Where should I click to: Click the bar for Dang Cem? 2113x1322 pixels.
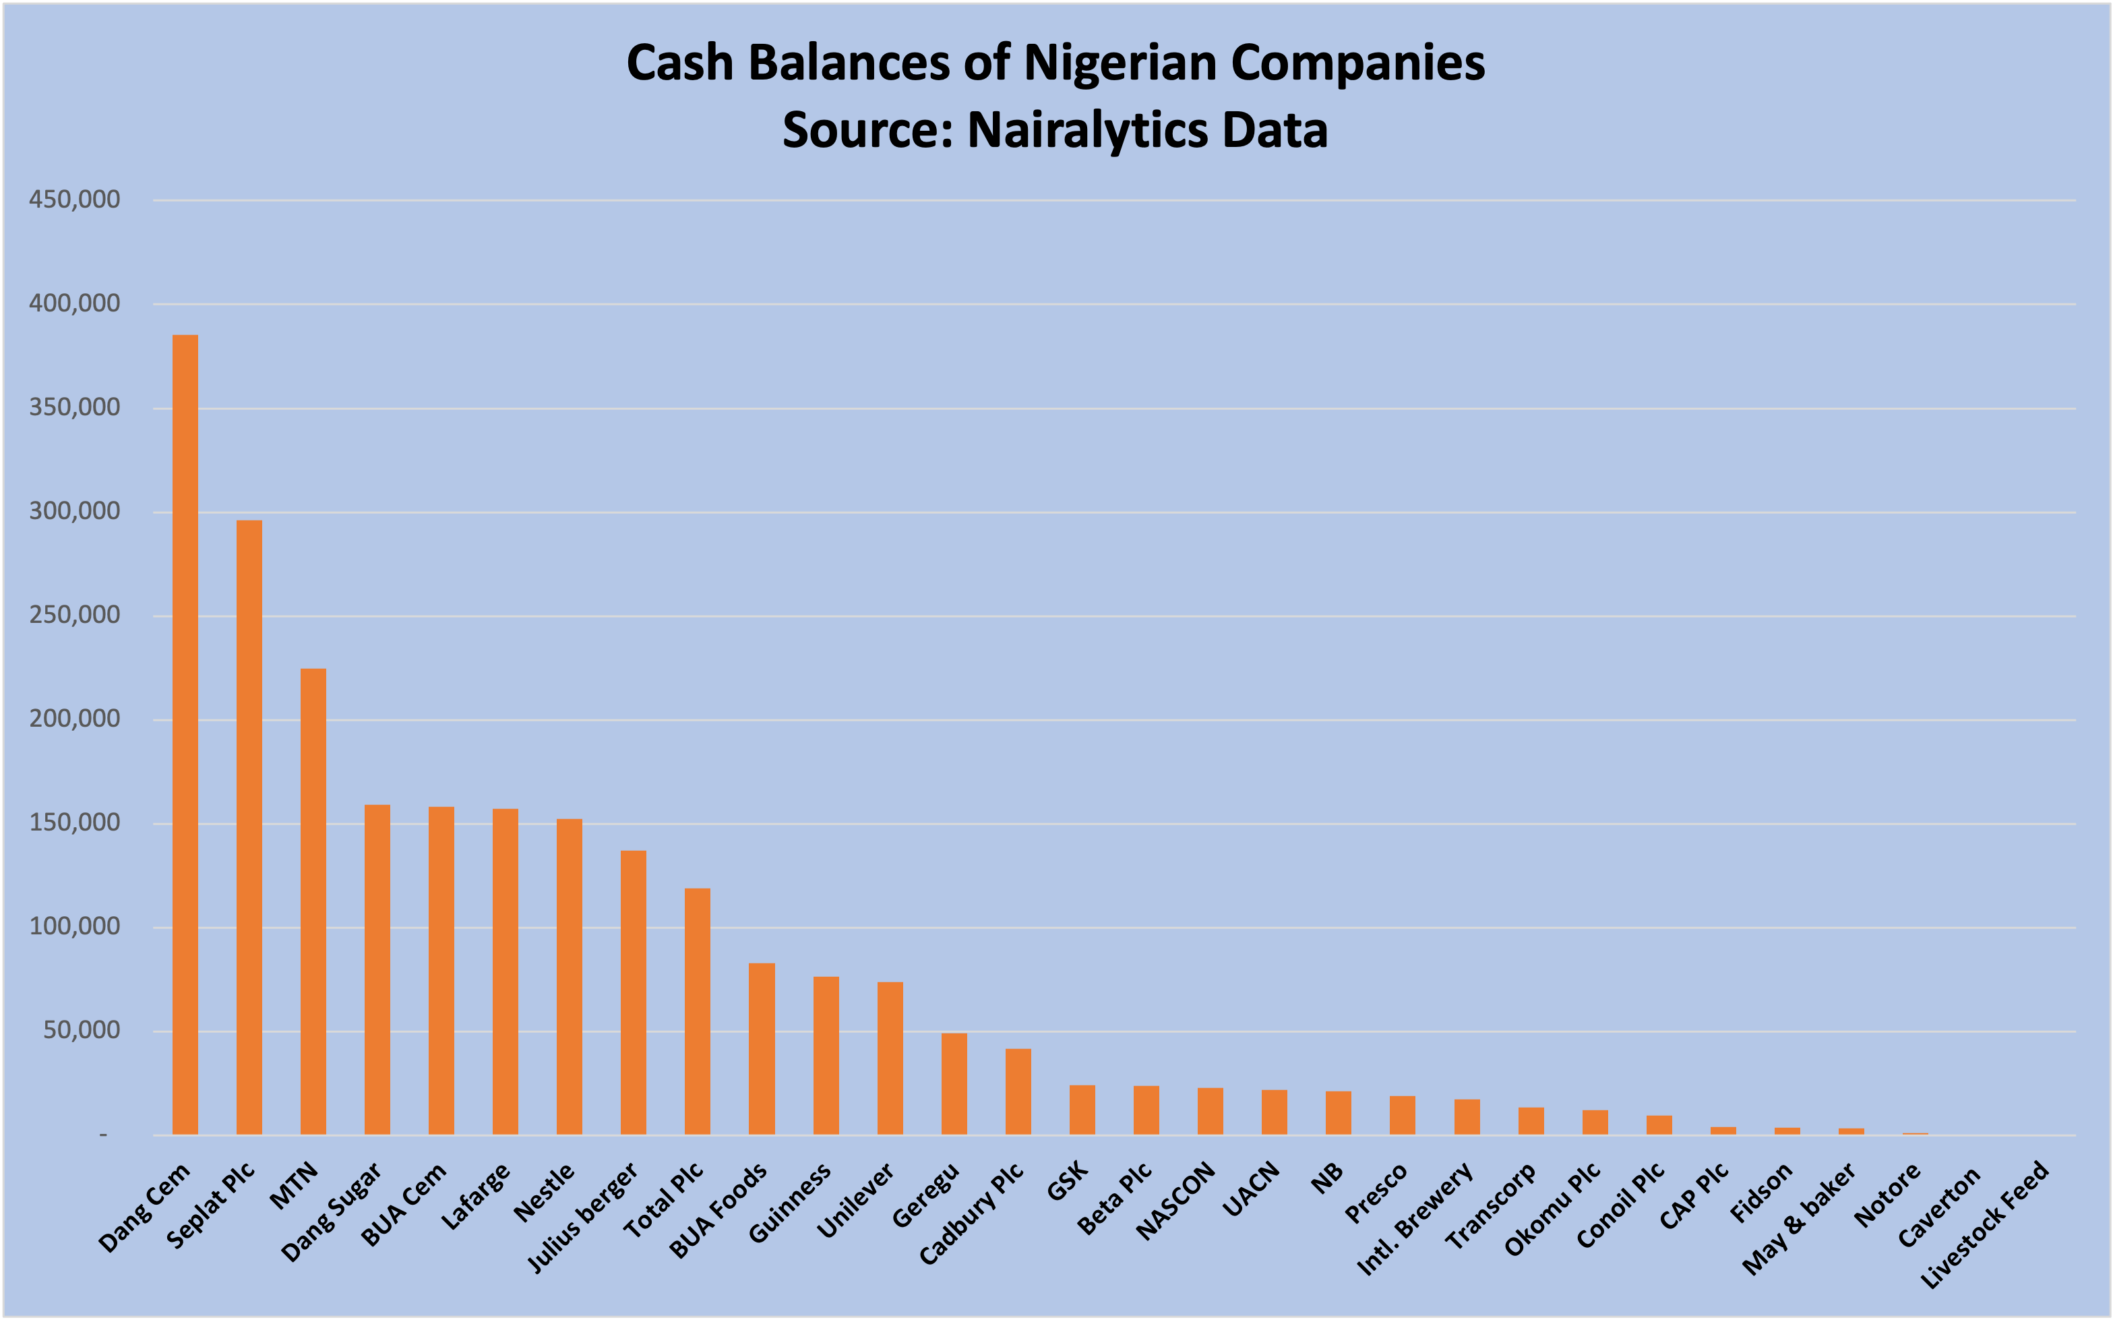point(185,734)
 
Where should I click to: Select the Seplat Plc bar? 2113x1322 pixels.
point(249,827)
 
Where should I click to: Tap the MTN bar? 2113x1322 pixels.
point(313,901)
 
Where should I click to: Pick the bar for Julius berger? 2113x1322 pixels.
point(634,992)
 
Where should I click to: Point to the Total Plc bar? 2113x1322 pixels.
point(698,1012)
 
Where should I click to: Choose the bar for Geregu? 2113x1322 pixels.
point(954,1084)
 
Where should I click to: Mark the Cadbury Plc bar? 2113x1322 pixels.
point(1018,1092)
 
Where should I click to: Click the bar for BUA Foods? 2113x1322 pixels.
point(762,1049)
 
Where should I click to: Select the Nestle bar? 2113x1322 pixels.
point(569,977)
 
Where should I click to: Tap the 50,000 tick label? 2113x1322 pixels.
point(82,1031)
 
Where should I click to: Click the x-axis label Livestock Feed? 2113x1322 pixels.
point(1984,1224)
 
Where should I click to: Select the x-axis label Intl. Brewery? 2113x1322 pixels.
point(1415,1219)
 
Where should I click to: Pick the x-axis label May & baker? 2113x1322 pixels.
point(1798,1219)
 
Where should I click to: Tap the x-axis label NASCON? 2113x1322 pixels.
point(1176,1201)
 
